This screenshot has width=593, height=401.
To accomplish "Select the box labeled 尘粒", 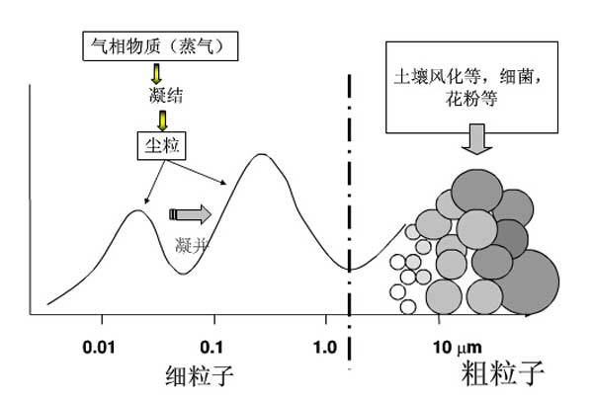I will click(x=158, y=146).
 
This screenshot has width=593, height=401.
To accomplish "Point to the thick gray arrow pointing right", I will click(x=191, y=213).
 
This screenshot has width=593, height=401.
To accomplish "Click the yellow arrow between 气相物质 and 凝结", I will click(x=156, y=73).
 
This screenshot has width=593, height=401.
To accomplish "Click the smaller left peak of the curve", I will click(x=138, y=211).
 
